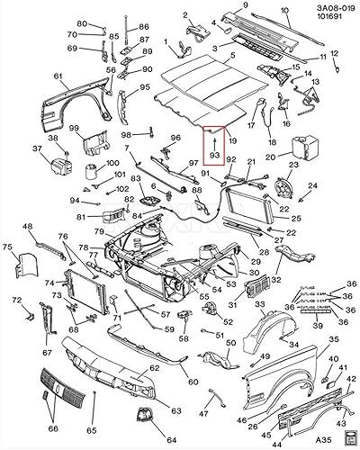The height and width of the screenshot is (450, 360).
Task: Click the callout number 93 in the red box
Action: click(214, 155)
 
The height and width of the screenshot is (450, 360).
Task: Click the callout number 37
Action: click(38, 150)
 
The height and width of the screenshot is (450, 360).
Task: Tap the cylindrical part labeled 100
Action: click(91, 171)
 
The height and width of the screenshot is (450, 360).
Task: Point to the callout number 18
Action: click(272, 141)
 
